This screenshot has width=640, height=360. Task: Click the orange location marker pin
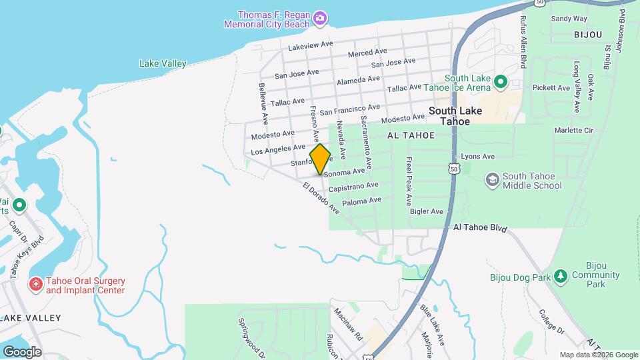coord(320,159)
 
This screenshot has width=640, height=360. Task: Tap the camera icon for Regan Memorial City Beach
coord(320,17)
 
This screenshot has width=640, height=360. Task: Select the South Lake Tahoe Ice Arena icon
coord(500,83)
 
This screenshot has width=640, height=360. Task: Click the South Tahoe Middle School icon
coord(492,180)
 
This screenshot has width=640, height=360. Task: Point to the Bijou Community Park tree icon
coord(561,275)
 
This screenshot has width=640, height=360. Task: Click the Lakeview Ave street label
coord(310,45)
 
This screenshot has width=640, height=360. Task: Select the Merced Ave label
coord(367,52)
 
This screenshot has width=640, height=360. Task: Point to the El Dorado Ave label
coord(321,198)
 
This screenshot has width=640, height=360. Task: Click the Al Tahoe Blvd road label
coord(479,228)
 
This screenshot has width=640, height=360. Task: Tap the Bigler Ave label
coord(427,212)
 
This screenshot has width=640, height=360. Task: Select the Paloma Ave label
coord(361,201)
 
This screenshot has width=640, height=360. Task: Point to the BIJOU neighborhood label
coord(587,34)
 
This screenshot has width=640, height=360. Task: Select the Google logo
coord(22,352)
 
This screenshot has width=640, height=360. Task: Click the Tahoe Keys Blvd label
coord(26,257)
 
